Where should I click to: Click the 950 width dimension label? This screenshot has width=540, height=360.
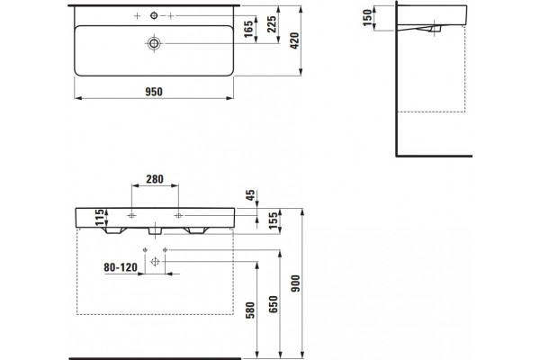[154, 92]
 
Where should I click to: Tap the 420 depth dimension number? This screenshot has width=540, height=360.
[295, 40]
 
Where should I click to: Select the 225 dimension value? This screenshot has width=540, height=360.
[272, 24]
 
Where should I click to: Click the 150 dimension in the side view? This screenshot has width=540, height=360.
[368, 18]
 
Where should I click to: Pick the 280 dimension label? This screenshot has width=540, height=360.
[155, 179]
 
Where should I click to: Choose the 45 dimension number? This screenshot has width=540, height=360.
[251, 195]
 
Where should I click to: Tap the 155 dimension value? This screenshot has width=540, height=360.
[273, 220]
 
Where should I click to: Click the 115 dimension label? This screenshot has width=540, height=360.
[100, 218]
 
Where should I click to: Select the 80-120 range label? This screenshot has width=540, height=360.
[121, 267]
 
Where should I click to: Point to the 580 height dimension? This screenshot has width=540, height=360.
[250, 310]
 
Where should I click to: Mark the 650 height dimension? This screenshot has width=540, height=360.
[273, 304]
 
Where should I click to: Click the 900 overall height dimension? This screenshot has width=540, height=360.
[295, 283]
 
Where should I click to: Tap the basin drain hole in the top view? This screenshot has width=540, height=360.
[154, 43]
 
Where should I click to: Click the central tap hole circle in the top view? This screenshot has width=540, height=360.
[154, 15]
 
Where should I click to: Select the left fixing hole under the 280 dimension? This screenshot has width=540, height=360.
[131, 216]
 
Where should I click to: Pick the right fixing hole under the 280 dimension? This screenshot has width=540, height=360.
[178, 216]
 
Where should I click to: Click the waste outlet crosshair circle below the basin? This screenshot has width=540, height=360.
[155, 262]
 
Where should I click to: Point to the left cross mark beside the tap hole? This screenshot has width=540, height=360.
[137, 16]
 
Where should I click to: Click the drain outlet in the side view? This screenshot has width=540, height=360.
[435, 29]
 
